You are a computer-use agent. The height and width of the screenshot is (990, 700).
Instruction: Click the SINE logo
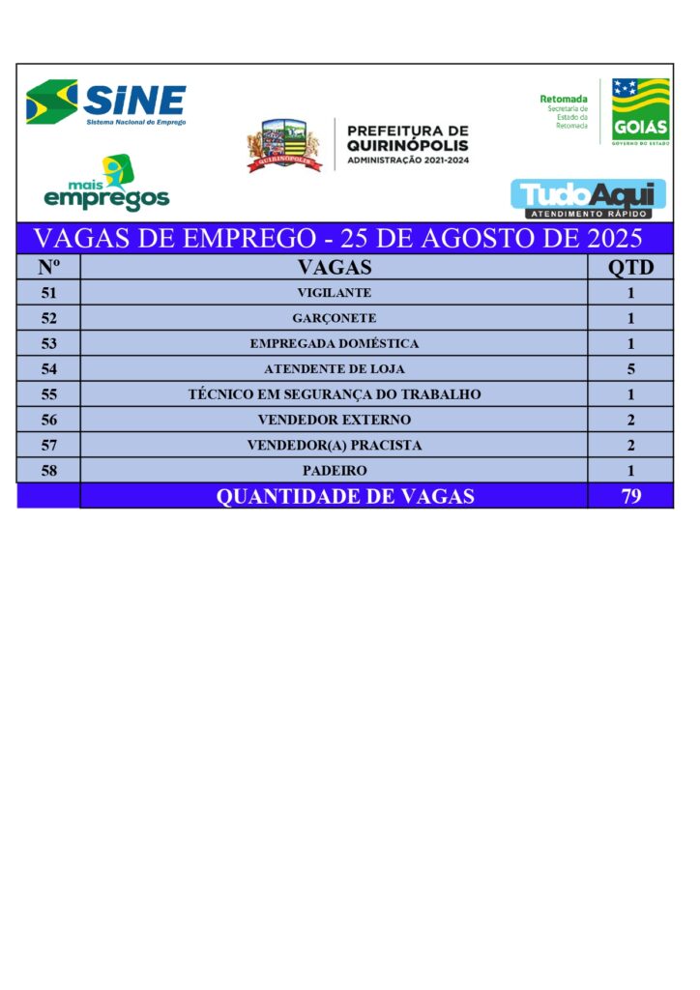pos(106,102)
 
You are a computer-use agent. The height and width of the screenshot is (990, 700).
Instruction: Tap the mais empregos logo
pos(106,184)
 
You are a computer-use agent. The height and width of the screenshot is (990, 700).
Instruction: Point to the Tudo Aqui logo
pos(588,197)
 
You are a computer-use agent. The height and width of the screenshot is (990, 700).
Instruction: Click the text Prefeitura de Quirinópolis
pos(407,144)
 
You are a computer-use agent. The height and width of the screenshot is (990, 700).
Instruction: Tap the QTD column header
pos(630,267)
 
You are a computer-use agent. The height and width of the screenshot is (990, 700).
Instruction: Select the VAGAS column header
pos(335,267)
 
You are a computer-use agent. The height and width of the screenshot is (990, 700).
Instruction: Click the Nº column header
pos(49,267)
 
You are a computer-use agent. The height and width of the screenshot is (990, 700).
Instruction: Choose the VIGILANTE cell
pos(335,293)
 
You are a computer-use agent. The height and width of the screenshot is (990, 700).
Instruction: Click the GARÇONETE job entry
pos(335,318)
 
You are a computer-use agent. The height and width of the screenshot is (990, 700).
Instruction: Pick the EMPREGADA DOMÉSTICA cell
pos(335,343)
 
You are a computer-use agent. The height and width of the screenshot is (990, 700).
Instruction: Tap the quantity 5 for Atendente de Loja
pos(630,368)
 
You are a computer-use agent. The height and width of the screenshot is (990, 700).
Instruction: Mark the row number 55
pos(49,394)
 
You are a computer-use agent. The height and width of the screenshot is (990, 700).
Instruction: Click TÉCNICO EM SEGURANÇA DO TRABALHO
pos(335,394)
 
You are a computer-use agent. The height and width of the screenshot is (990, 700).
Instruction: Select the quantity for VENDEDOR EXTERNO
pos(630,420)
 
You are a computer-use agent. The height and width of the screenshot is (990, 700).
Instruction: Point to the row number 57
pos(49,445)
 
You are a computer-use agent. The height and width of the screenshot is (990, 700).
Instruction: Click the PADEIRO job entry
pos(335,471)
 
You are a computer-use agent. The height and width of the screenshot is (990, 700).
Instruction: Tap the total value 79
pos(630,497)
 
